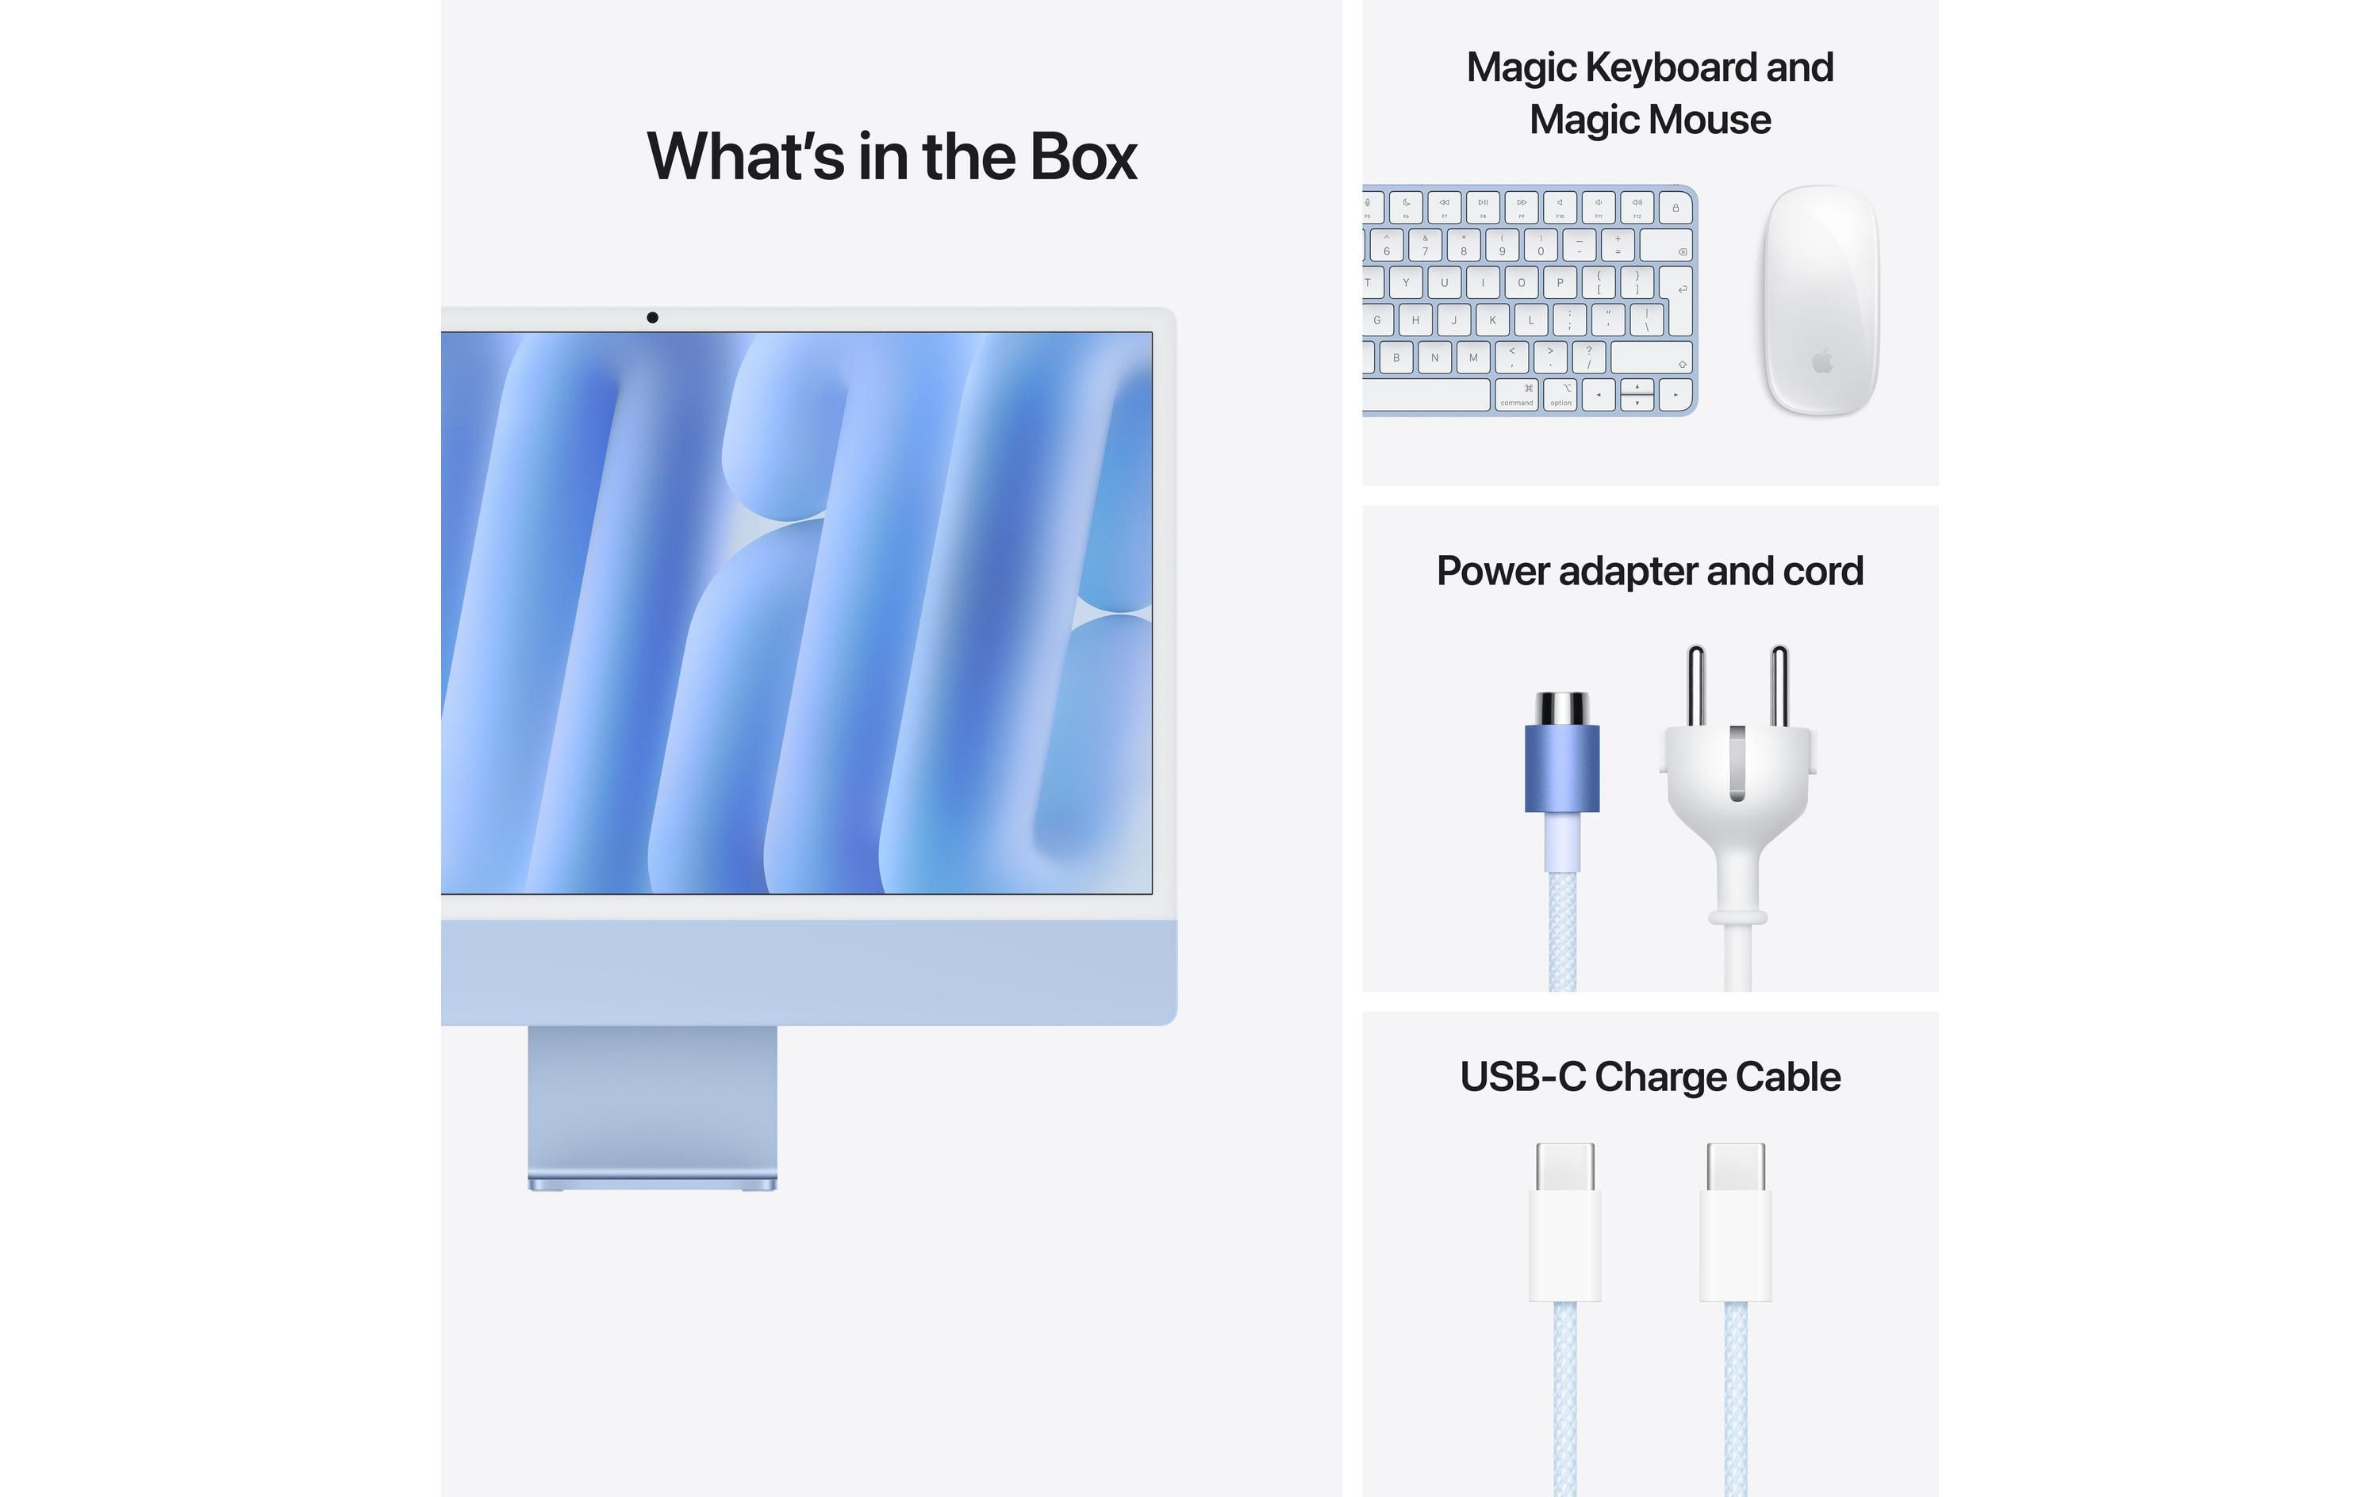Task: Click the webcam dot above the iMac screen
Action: [652, 317]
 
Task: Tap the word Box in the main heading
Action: [1082, 157]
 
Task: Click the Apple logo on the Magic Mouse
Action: [1822, 362]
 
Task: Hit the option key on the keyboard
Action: [1560, 394]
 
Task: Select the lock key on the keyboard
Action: [1676, 208]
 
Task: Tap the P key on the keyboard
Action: [1560, 282]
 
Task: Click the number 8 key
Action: [1464, 245]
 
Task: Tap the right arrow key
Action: [1676, 394]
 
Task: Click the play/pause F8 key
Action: [1483, 208]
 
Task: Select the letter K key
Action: [1492, 320]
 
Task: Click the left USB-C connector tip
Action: [1564, 1167]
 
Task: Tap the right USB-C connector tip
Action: [1736, 1167]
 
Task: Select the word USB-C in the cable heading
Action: [1522, 1077]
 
